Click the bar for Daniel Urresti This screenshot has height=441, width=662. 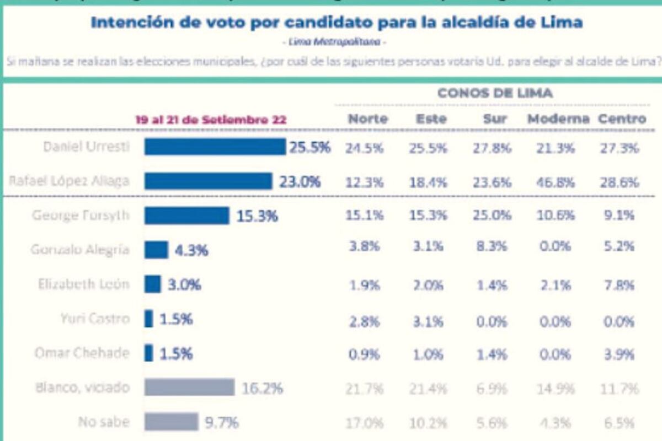215,147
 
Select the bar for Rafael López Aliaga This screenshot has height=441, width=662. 208,181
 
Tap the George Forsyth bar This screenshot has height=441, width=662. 186,216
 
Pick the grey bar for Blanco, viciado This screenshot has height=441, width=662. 189,388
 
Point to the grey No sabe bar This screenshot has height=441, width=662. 171,422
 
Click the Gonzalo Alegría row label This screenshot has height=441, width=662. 80,250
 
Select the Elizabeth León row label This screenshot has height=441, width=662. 84,284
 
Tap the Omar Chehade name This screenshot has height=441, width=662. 82,353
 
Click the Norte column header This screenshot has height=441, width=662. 367,119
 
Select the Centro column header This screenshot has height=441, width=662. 622,119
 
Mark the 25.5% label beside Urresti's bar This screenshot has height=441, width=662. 309,147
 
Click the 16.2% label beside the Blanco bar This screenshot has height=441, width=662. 262,388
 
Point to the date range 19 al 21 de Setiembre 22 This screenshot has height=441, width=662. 211,120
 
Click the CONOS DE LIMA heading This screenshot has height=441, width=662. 495,93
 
